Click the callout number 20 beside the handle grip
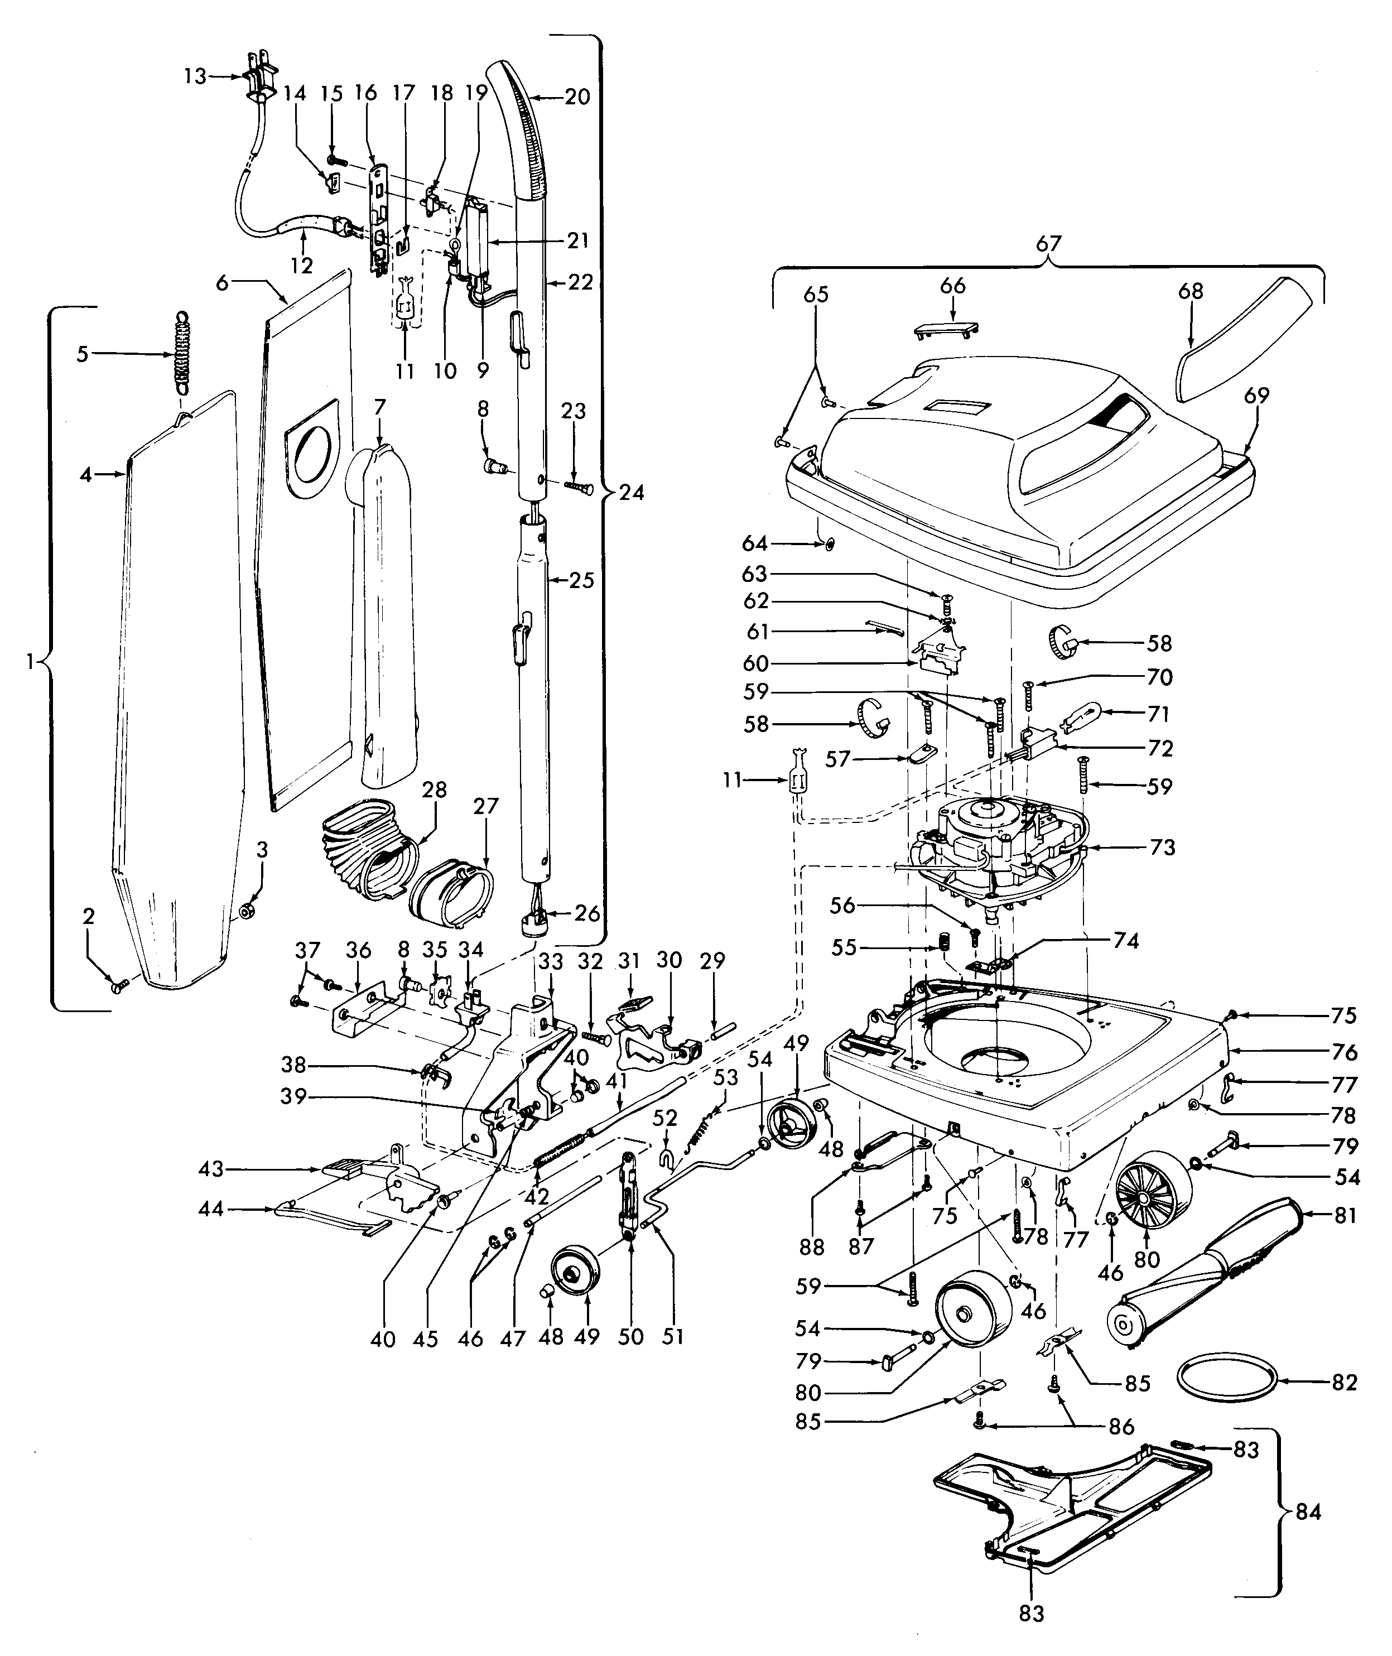click(x=577, y=97)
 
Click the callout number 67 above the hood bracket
click(x=1048, y=244)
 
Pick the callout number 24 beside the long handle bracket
click(x=632, y=493)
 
